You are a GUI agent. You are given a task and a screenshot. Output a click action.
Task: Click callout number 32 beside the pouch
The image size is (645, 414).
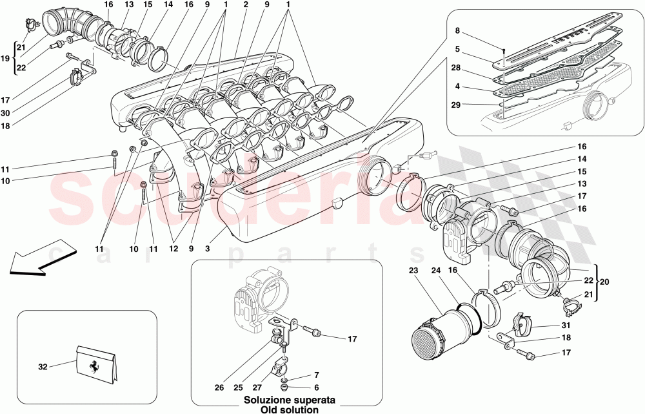click(x=43, y=367)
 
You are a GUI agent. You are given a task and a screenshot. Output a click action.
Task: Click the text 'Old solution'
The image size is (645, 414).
click(x=280, y=409)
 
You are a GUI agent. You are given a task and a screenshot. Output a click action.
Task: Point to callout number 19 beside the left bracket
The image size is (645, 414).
click(x=6, y=58)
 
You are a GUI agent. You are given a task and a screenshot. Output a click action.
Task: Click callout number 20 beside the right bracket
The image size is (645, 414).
click(x=604, y=282)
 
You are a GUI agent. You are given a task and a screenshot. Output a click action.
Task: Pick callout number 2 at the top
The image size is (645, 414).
click(x=246, y=5)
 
